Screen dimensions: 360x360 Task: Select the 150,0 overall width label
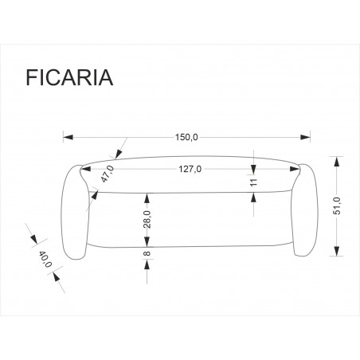pos(187,137)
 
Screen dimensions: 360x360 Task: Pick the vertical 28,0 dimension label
pos(147,218)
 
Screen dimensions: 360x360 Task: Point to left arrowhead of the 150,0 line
pos(67,137)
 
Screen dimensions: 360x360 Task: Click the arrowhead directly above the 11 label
pos(253,169)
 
